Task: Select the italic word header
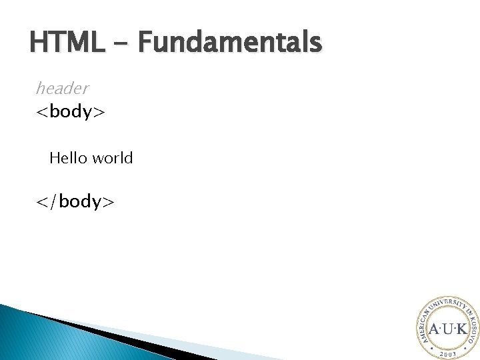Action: point(62,87)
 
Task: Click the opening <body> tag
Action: point(70,111)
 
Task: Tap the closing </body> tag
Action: point(75,201)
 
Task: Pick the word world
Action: point(113,159)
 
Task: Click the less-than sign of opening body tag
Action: point(42,112)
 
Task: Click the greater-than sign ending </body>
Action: point(109,202)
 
